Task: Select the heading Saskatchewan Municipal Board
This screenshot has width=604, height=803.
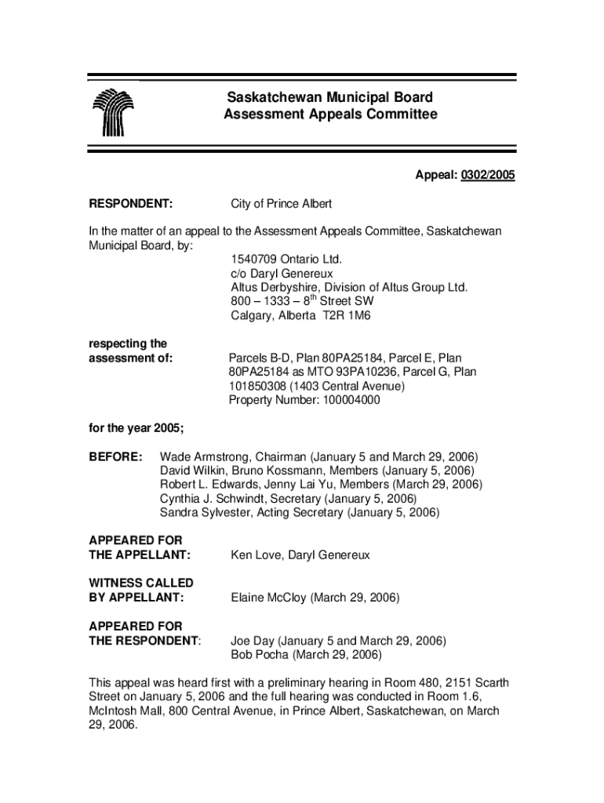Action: (329, 98)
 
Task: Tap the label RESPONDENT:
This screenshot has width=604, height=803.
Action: (130, 204)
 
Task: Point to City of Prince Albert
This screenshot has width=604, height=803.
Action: (281, 204)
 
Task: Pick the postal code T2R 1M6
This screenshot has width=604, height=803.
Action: (340, 316)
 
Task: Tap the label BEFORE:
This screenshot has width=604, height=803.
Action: (115, 456)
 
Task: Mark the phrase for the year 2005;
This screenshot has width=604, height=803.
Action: (135, 428)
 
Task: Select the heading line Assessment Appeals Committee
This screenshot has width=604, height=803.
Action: (329, 115)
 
